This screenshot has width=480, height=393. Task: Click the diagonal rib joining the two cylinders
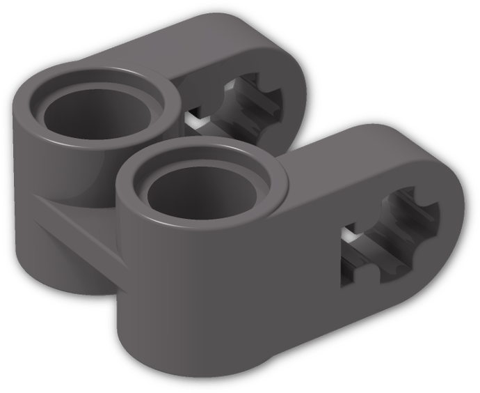pos(77,223)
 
